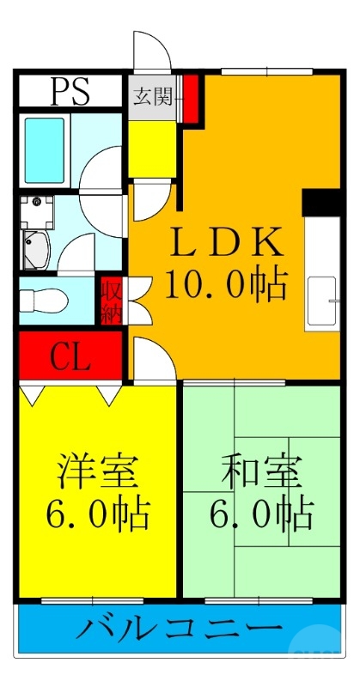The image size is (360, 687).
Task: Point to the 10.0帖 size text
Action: pos(227,283)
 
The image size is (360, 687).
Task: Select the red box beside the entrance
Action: pos(190,96)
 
